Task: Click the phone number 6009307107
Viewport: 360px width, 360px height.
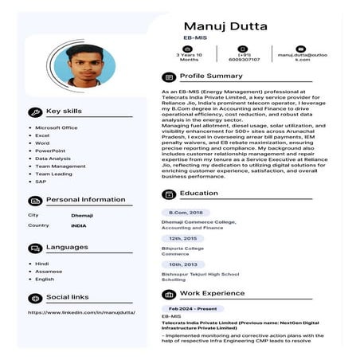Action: tap(245, 59)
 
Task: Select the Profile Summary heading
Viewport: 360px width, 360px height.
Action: tap(211, 76)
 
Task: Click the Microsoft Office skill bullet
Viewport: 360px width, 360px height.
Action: tap(56, 127)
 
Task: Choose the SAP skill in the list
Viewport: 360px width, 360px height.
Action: tap(41, 181)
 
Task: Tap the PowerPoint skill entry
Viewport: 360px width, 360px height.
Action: tap(50, 151)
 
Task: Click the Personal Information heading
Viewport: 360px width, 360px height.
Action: tap(85, 200)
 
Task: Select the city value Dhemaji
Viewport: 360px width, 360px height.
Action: tap(82, 215)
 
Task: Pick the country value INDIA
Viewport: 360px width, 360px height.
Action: tap(79, 225)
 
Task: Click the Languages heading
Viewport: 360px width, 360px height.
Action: tap(67, 247)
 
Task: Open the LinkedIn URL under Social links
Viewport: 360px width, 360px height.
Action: tap(81, 312)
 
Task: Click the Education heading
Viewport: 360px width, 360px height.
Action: tap(198, 194)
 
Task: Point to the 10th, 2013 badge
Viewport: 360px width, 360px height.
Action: tap(182, 264)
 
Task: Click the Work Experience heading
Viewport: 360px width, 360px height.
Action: tap(212, 293)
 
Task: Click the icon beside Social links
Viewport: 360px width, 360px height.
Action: tap(34, 297)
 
